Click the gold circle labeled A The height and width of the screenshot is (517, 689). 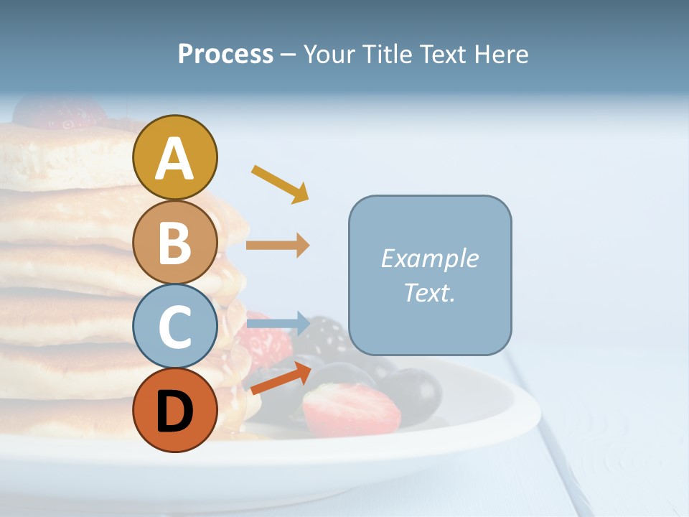[174, 157]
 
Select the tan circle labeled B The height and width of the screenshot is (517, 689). [174, 242]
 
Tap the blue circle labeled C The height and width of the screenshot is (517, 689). [174, 326]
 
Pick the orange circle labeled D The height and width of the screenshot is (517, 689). [174, 410]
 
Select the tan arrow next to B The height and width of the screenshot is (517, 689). [278, 245]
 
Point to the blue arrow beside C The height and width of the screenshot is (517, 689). [278, 323]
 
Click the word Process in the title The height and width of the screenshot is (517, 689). [225, 54]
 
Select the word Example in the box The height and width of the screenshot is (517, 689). [429, 258]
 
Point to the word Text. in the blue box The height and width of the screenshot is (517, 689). [429, 292]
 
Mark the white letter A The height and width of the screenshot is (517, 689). [174, 159]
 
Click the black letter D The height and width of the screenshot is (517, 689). [174, 411]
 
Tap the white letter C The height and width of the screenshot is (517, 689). [174, 327]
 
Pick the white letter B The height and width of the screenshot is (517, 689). [174, 243]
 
